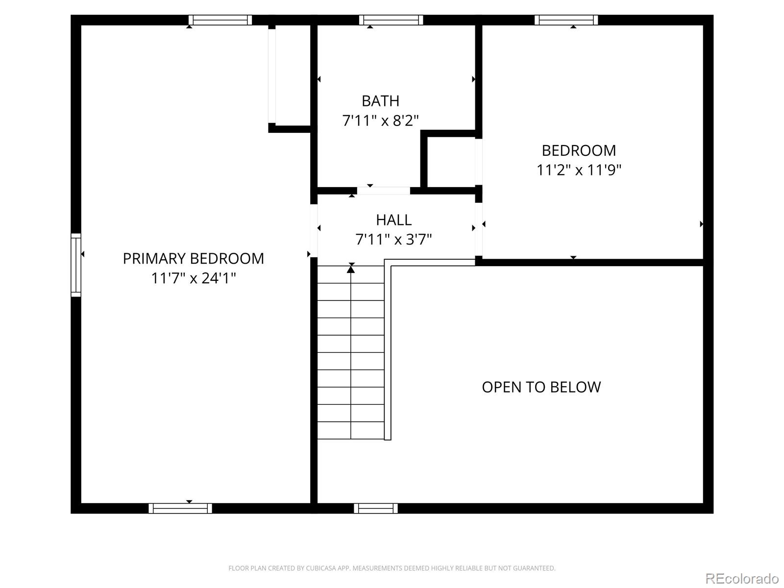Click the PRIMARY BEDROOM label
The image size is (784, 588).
tap(193, 258)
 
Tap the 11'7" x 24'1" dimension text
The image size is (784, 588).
tap(193, 278)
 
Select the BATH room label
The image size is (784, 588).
tap(380, 101)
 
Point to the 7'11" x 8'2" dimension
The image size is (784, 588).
tap(380, 121)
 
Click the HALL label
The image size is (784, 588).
tap(393, 220)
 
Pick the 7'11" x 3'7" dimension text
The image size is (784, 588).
tap(393, 240)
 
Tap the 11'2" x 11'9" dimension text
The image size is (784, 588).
tap(579, 170)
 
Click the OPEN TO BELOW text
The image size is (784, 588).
tap(541, 387)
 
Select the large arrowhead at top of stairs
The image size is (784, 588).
tap(351, 269)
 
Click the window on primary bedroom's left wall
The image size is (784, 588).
tap(76, 265)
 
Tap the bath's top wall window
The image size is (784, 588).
tap(391, 20)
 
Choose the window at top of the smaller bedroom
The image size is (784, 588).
tap(566, 20)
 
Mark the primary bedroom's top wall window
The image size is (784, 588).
tap(220, 20)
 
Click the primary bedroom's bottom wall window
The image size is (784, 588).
tap(180, 508)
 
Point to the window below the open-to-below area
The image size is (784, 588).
tap(376, 508)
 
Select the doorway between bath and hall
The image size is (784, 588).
tap(383, 191)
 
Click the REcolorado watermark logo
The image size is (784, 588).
tap(742, 578)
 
